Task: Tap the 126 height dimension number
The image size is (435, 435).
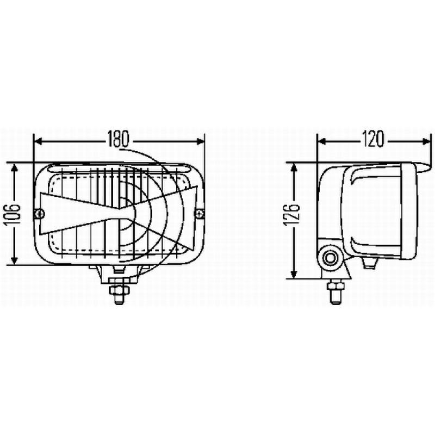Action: click(x=294, y=217)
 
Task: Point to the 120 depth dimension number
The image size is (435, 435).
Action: click(x=373, y=140)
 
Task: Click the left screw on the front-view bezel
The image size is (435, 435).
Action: click(x=38, y=214)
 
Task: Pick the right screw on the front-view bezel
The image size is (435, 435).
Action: click(x=200, y=213)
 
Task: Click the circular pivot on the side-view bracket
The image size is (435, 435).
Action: click(x=330, y=257)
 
